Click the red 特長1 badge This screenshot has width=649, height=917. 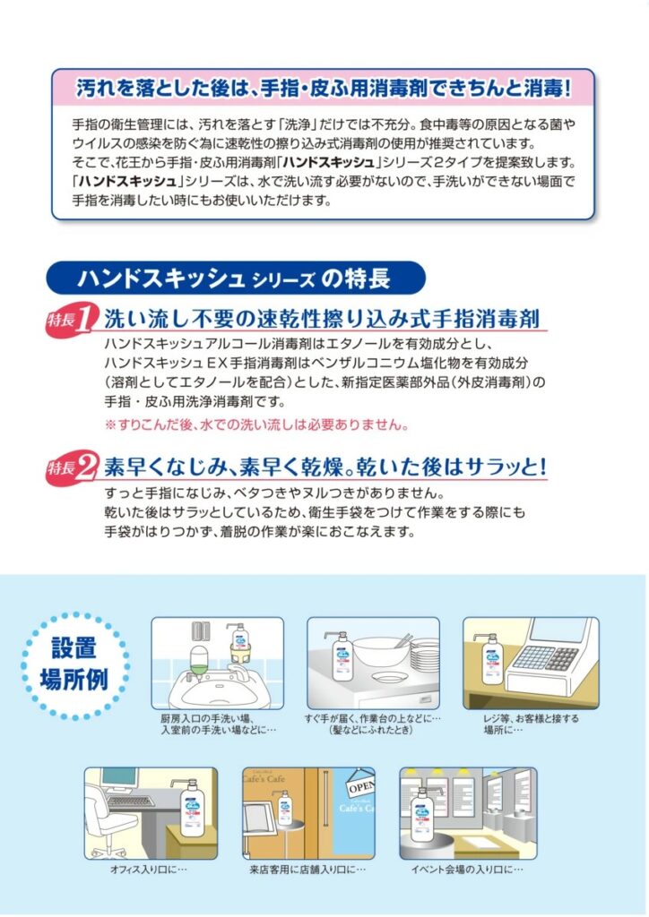[69, 320]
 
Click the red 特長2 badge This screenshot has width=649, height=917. [69, 467]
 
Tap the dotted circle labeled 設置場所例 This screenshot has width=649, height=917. [75, 665]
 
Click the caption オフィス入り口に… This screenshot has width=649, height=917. [149, 870]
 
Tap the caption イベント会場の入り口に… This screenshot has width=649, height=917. [467, 870]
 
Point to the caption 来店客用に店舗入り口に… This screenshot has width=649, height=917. [307, 870]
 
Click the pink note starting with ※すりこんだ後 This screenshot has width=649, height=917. [256, 424]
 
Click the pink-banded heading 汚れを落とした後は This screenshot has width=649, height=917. [323, 89]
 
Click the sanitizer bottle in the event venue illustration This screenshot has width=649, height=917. [422, 815]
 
